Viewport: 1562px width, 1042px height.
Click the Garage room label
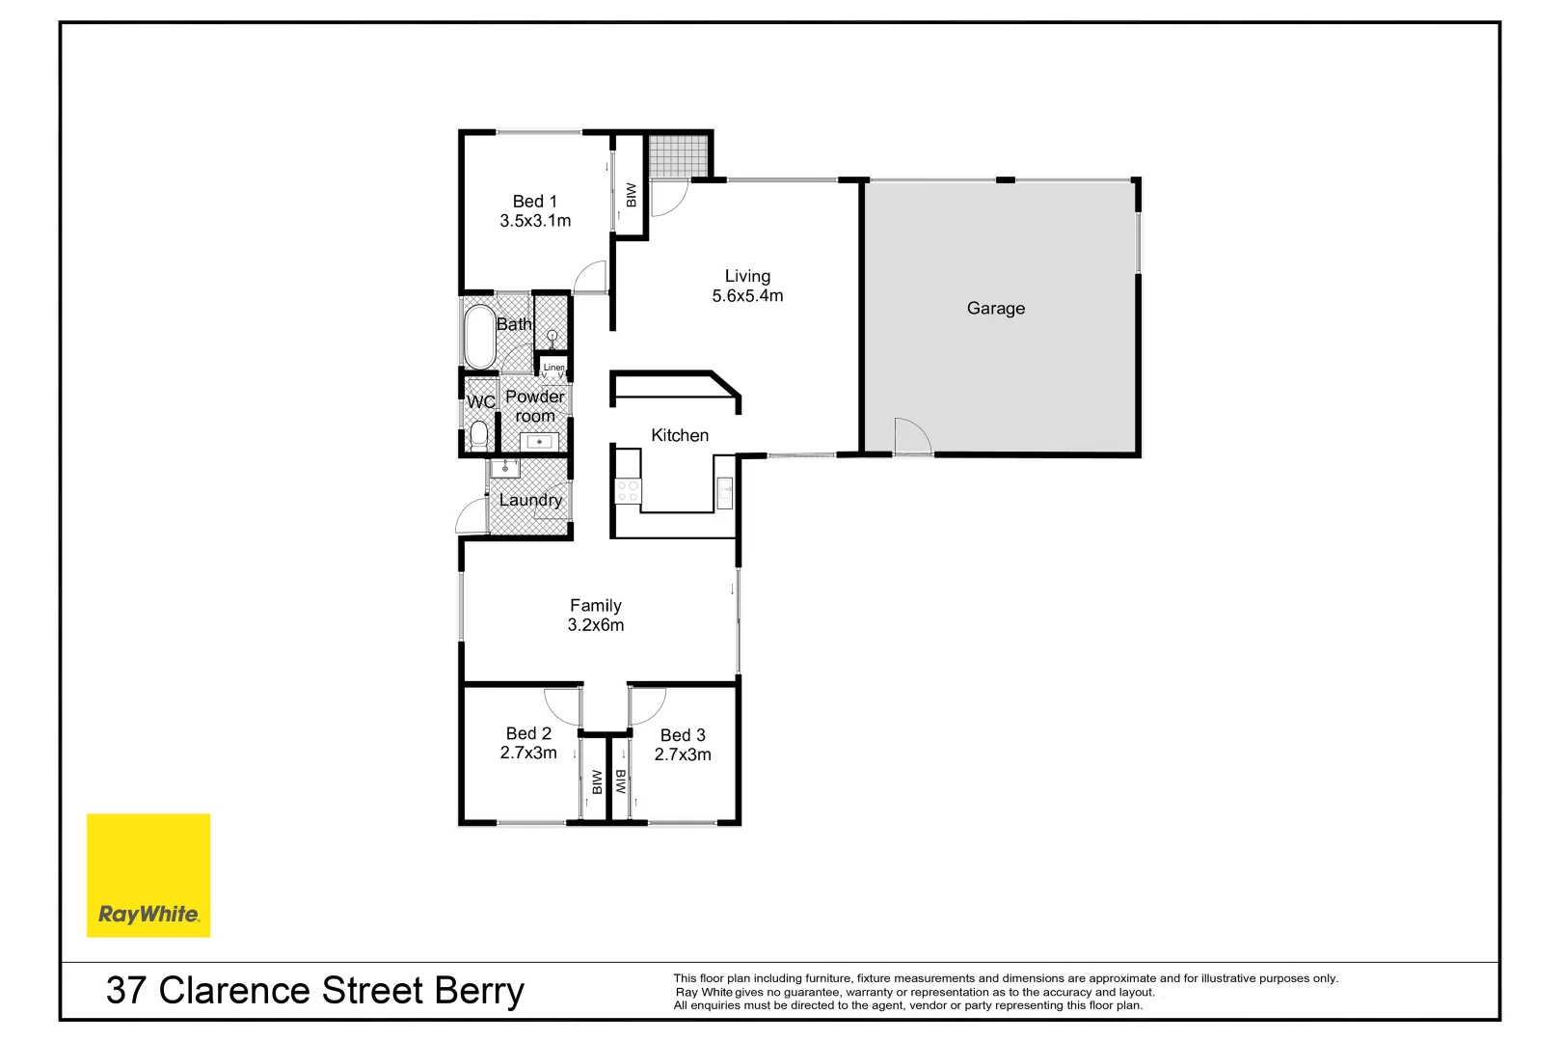(x=995, y=309)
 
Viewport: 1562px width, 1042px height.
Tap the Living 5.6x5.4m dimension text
(x=747, y=296)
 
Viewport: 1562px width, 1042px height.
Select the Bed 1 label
(x=534, y=202)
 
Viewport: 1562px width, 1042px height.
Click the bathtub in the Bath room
(x=479, y=336)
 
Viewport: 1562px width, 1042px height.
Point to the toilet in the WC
(x=478, y=435)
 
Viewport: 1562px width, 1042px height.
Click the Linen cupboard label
(x=553, y=368)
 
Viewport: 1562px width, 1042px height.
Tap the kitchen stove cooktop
(x=628, y=490)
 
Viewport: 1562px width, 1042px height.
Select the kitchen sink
(x=724, y=491)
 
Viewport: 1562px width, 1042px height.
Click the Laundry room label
(x=530, y=500)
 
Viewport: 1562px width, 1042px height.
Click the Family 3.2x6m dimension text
(x=596, y=625)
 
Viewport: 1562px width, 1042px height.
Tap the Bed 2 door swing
(x=563, y=704)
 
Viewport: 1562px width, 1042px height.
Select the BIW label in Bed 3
(x=620, y=781)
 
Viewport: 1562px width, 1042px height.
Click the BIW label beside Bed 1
(x=632, y=196)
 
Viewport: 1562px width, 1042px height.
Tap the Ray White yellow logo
(x=148, y=875)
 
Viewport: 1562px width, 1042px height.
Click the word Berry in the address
(x=478, y=991)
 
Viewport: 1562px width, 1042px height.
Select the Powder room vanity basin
(x=539, y=442)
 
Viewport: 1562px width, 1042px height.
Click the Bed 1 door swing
(x=590, y=278)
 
